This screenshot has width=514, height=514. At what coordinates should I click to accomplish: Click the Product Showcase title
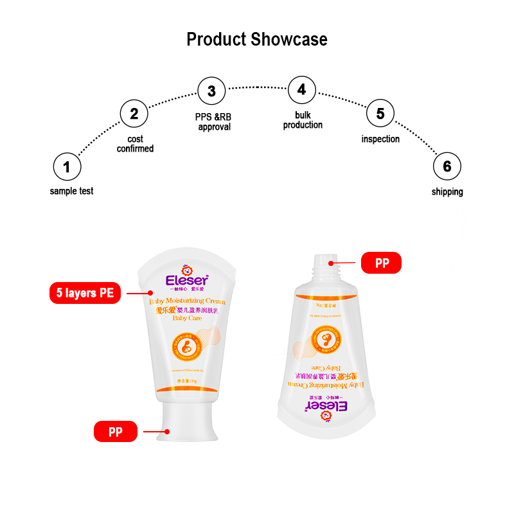click(x=257, y=39)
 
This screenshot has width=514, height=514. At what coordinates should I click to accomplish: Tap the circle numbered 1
click(x=67, y=168)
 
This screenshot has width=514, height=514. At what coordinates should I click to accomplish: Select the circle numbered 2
click(x=134, y=114)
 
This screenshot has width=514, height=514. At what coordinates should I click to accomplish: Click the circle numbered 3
click(x=211, y=91)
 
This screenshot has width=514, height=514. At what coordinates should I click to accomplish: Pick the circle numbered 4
click(x=301, y=89)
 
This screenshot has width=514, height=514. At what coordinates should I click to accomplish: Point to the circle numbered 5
click(x=380, y=114)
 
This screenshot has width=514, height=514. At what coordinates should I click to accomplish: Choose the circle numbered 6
click(x=447, y=167)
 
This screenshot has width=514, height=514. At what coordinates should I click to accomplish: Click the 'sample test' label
click(x=71, y=191)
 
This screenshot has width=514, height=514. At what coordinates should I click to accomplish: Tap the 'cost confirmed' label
click(x=135, y=144)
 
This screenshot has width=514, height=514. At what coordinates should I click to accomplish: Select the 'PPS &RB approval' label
click(x=214, y=122)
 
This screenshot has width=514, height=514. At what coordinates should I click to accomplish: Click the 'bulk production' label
click(x=303, y=120)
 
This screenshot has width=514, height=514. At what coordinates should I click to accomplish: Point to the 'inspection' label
click(x=380, y=139)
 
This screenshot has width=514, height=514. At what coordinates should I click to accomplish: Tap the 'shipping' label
click(x=447, y=191)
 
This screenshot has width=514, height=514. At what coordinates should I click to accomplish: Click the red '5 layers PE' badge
click(x=85, y=294)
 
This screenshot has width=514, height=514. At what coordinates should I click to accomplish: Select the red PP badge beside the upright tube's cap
click(x=116, y=431)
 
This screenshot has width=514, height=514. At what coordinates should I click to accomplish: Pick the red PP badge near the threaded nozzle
click(x=381, y=263)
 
